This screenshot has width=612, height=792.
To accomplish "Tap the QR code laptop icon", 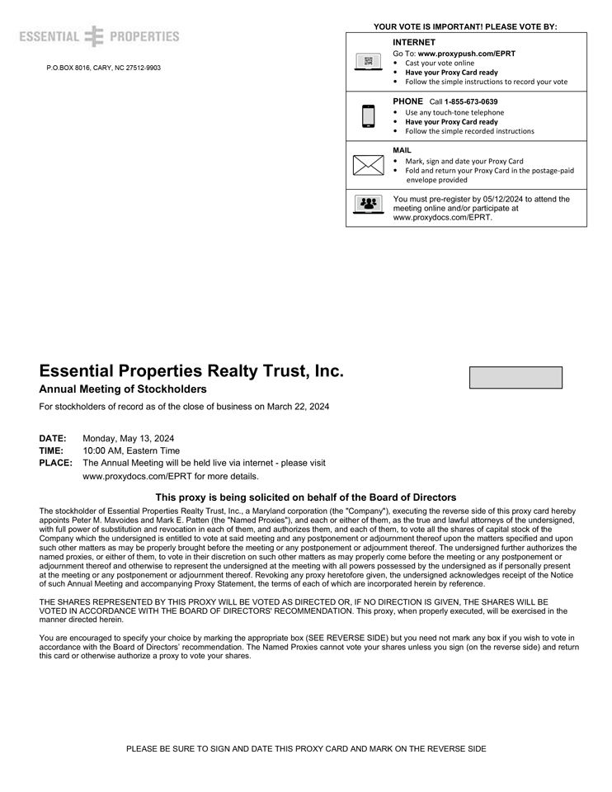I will point(368,62).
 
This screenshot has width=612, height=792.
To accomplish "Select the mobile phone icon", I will point(368,116).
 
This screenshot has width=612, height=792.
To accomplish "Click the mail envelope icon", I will point(368,165).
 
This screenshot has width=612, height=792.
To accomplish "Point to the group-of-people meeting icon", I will point(368,204).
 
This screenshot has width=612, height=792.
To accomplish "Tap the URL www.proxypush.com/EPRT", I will point(467,54).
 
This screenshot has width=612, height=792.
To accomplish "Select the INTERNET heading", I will point(414,42).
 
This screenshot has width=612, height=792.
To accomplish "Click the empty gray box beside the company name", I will point(515,378).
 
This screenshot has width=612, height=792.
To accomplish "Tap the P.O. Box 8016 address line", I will point(104,68).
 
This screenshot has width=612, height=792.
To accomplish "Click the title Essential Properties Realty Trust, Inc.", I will point(191,371).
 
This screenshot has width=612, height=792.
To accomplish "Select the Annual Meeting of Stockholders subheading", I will point(123,389).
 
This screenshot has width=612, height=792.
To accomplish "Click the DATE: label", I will point(53,438).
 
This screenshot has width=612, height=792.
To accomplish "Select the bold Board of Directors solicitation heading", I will point(306,497).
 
